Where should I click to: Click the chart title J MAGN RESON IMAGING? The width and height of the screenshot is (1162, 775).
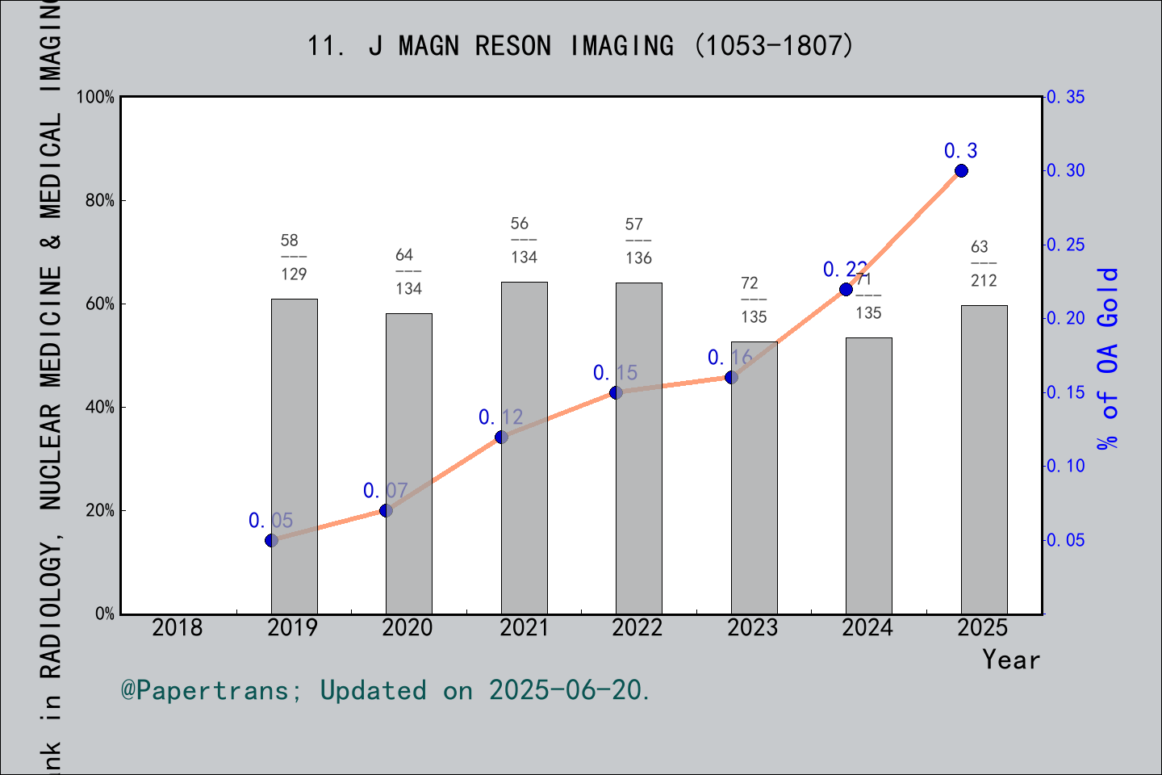tap(579, 46)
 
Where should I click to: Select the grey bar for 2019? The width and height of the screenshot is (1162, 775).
tap(294, 456)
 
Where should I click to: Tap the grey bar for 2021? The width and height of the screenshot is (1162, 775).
tap(524, 448)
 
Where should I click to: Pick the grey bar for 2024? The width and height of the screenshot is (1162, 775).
tap(868, 475)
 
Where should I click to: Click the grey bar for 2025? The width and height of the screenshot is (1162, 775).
tap(984, 459)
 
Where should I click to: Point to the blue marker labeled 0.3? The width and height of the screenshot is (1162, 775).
tap(961, 171)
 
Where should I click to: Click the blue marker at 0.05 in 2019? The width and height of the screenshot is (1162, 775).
tap(272, 540)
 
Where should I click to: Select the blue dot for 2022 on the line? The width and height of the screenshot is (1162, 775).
tap(616, 392)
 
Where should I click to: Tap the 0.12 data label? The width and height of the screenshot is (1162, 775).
tap(500, 417)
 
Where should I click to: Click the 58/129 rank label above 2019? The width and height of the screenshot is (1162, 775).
tap(293, 257)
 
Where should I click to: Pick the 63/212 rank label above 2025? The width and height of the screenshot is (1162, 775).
tap(983, 263)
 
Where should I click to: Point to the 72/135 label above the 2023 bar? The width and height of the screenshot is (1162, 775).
tap(753, 300)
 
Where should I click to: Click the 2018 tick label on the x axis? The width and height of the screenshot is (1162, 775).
tap(178, 628)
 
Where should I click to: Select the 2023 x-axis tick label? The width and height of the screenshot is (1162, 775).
tap(752, 628)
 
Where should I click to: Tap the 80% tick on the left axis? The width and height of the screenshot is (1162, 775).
tap(100, 201)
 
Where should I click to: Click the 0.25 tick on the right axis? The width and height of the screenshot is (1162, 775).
tap(1066, 245)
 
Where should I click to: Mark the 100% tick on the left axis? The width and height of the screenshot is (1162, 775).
tap(96, 98)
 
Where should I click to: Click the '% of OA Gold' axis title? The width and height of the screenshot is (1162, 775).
tap(1108, 358)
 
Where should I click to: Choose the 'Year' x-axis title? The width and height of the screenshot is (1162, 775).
tap(1010, 660)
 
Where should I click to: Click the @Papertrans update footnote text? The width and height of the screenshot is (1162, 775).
tap(385, 690)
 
